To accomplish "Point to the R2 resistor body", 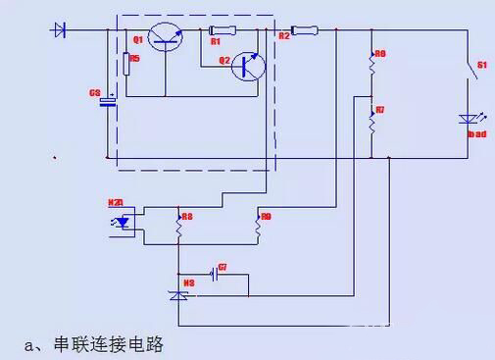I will (x=304, y=30).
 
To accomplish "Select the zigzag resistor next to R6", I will (x=372, y=65).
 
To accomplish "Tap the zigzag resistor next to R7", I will (x=372, y=123).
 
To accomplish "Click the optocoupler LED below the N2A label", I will (x=123, y=223).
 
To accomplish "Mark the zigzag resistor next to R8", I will (x=178, y=228).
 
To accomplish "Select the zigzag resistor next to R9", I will (x=258, y=228).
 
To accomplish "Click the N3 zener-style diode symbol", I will (x=178, y=293).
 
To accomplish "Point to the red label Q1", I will (x=138, y=40).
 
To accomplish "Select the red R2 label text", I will (x=284, y=36).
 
